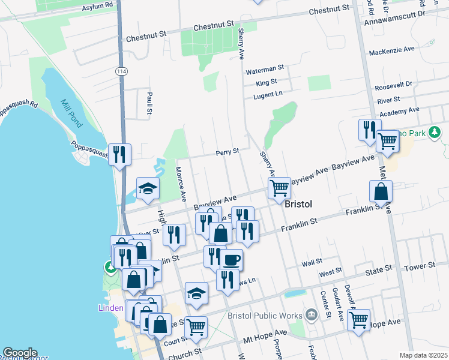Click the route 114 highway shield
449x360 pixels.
122,71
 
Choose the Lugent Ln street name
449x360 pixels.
268,94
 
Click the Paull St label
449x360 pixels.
149,103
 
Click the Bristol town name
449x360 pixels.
298,204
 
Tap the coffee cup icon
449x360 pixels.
231,259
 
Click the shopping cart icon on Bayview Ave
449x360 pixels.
279,188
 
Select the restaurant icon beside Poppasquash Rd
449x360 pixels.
119,154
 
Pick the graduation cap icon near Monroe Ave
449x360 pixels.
148,188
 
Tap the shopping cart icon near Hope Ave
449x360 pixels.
358,320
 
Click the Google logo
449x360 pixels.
20,353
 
